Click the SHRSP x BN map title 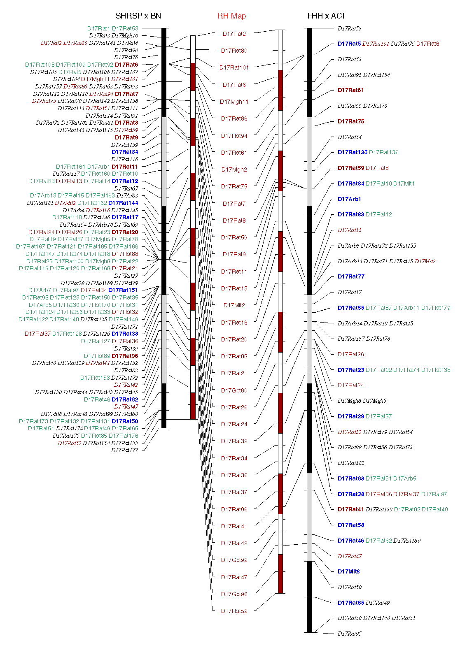pos(138,16)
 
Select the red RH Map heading pos(231,16)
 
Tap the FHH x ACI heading pos(325,16)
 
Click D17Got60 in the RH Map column pos(234,390)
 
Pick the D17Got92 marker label pos(234,560)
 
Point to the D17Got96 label pos(234,594)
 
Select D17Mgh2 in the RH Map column pos(234,169)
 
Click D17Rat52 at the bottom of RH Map pos(234,611)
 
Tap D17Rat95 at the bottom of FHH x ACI pos(349,634)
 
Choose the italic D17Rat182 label pos(350,463)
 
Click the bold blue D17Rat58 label pos(350,525)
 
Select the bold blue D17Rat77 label pos(350,276)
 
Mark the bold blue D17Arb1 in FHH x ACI pos(349,199)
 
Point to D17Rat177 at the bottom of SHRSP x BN pos(124,450)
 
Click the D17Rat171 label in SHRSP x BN pos(124,327)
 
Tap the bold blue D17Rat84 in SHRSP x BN pos(124,152)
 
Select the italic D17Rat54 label pos(349,137)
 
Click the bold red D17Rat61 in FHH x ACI pos(350,90)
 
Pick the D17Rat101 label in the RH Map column pos(234,67)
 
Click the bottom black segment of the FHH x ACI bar pos(309,597)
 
